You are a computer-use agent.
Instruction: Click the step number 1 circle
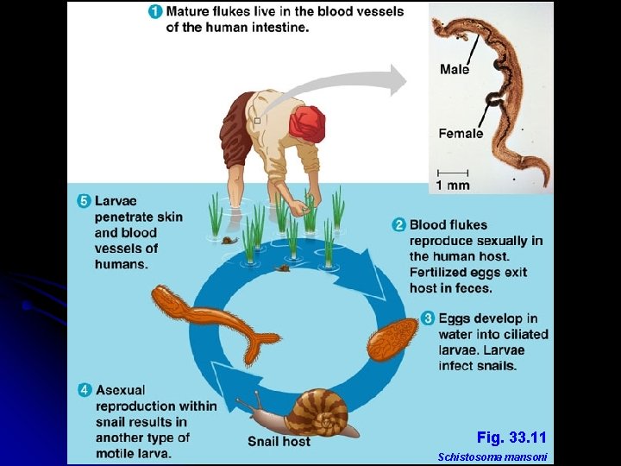(x=155, y=12)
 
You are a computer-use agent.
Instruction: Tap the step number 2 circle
(x=399, y=225)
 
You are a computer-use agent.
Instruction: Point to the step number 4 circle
(x=85, y=390)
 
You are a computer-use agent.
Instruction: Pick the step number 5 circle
(x=84, y=201)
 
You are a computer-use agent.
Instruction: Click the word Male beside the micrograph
(x=455, y=69)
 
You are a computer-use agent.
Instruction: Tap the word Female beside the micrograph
(x=461, y=133)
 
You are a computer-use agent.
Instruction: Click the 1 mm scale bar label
(x=453, y=185)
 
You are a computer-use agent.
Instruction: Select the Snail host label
(x=279, y=442)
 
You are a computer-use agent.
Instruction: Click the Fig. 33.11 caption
(x=511, y=438)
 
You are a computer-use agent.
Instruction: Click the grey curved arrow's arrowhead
(x=396, y=80)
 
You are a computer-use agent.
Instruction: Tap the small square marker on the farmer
(x=257, y=121)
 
